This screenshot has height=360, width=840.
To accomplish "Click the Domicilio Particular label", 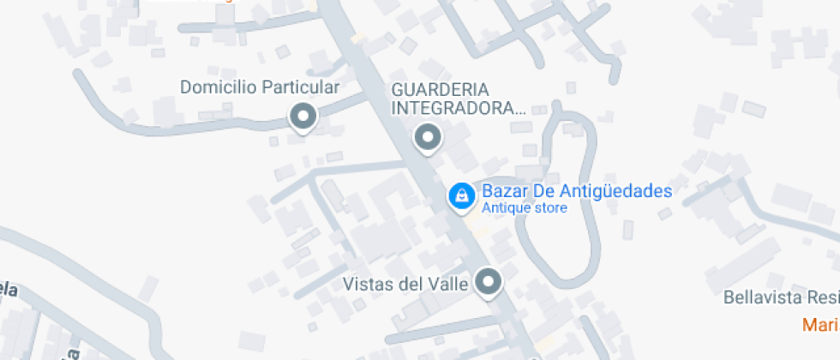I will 260,87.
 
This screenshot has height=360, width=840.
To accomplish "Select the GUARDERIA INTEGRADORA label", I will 458,99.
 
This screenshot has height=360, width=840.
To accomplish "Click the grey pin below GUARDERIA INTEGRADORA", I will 427,136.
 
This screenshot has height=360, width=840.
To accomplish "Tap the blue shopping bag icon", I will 461,196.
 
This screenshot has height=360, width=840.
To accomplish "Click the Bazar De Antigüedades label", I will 576,191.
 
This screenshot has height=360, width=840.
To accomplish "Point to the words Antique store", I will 524,208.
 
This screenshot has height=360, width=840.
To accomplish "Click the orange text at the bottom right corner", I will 820,325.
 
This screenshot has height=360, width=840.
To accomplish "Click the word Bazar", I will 503,191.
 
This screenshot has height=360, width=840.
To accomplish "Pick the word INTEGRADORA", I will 458,108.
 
